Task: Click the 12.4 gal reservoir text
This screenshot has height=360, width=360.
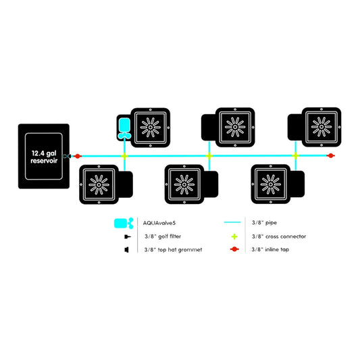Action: click(x=44, y=157)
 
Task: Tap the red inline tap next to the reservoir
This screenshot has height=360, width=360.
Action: click(x=78, y=156)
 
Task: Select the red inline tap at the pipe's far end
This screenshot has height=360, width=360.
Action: click(x=330, y=155)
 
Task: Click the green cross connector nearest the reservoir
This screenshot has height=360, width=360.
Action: click(x=124, y=156)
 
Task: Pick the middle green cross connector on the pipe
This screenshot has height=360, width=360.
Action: click(x=209, y=156)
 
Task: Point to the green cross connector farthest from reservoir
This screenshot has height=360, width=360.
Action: click(x=295, y=156)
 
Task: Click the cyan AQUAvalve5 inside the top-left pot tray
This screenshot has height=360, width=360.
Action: click(x=124, y=128)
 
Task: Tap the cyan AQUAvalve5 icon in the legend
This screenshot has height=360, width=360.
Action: click(x=124, y=223)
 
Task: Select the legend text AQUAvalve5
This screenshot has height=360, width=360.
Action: click(x=159, y=223)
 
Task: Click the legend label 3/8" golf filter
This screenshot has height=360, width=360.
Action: click(x=163, y=236)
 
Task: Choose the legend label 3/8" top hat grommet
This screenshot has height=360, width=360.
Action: click(x=173, y=249)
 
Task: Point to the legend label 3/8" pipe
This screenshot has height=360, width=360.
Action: click(x=264, y=222)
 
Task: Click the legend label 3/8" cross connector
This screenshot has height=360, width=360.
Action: click(x=279, y=236)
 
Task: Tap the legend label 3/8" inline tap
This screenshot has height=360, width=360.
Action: click(x=270, y=249)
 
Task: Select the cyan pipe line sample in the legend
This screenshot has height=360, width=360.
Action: click(x=232, y=222)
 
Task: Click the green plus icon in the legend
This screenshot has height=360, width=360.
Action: click(x=234, y=236)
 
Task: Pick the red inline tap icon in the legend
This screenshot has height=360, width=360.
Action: click(x=234, y=249)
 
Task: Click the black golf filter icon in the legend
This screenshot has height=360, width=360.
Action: click(x=128, y=236)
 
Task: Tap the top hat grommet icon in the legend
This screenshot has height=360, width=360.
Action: click(x=126, y=249)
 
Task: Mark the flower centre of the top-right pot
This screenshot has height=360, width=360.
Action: click(x=322, y=127)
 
